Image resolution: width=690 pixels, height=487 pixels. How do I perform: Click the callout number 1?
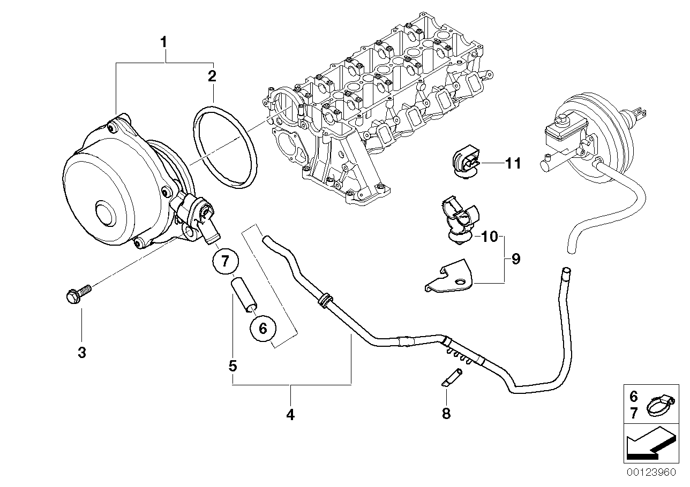164,41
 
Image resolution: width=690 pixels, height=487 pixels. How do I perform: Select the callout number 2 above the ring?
212,75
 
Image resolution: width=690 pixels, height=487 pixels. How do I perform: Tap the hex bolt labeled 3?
77,294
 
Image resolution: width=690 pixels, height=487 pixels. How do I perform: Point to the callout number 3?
81,353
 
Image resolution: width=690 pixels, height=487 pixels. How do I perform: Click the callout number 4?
290,414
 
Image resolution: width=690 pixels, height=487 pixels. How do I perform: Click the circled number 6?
262,328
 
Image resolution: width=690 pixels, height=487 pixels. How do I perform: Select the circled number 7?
225,261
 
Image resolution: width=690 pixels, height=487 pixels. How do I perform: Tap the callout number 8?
446,413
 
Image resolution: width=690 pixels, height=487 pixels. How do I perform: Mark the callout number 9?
515,260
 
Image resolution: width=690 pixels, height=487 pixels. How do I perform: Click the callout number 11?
513,163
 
